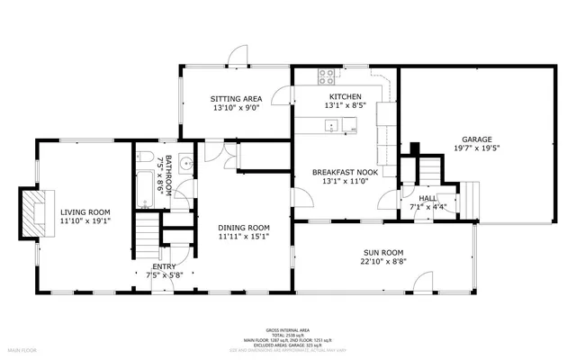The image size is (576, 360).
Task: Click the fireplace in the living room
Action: tap(33, 209)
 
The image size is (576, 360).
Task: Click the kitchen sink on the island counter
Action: tap(333, 127)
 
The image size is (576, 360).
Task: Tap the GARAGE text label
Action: tap(477, 139)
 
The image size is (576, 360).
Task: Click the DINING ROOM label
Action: tap(245, 227)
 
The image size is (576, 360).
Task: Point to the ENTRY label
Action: tap(164, 266)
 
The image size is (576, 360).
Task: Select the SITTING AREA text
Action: tap(236, 98)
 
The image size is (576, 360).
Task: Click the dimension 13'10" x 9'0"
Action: tap(236, 108)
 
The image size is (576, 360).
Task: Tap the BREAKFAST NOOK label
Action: tap(345, 171)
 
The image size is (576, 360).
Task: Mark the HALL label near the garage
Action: tap(427, 197)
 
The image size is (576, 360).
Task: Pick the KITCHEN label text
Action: tap(345, 96)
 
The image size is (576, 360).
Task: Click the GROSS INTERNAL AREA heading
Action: tap(288, 330)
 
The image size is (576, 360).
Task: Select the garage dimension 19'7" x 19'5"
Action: tap(477, 149)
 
